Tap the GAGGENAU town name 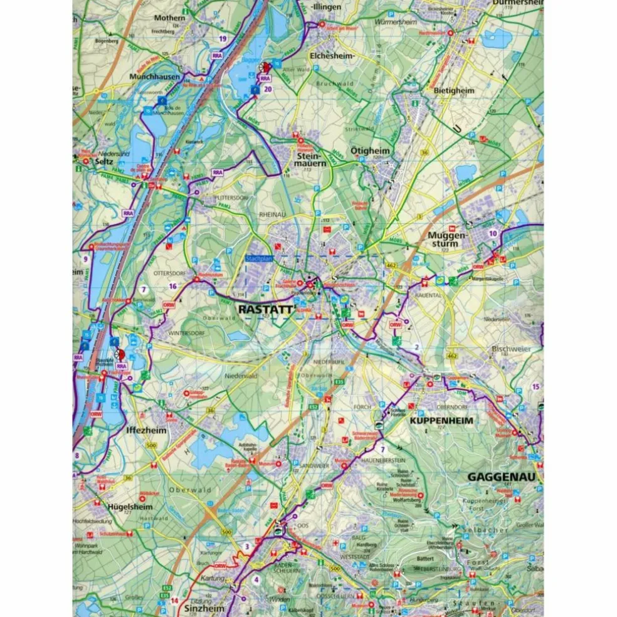click(505, 477)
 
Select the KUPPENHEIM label click(441, 420)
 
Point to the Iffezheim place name click(145, 431)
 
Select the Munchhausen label click(156, 76)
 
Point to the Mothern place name click(170, 18)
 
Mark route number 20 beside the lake click(268, 89)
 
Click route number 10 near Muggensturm click(493, 233)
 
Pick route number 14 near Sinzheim click(174, 601)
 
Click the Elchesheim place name click(333, 55)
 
